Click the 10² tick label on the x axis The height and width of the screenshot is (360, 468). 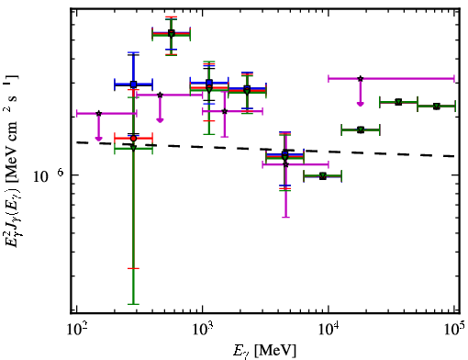tap(76, 331)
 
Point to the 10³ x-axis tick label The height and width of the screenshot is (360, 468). tap(202, 331)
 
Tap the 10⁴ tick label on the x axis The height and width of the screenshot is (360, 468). tap(329, 331)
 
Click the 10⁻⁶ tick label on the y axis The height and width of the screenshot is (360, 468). tap(49, 175)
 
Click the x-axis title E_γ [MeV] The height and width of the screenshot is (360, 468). tap(264, 351)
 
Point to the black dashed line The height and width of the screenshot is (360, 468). tap(265, 149)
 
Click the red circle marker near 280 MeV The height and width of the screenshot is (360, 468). tap(133, 139)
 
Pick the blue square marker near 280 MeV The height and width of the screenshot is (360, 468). tap(133, 84)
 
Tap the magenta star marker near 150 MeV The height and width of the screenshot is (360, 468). tap(98, 113)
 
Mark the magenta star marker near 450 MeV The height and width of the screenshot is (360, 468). tap(160, 95)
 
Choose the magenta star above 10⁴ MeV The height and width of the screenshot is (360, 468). tap(361, 78)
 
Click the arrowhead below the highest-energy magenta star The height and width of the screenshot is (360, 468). tap(361, 104)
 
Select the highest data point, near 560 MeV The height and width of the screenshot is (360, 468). tap(172, 33)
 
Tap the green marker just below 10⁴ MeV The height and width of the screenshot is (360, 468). tap(322, 176)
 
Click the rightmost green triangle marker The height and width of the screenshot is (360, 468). tap(437, 107)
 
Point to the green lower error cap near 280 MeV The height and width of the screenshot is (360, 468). tap(133, 304)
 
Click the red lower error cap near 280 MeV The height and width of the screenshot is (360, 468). tap(133, 268)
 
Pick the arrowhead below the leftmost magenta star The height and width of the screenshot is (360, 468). tap(98, 139)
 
